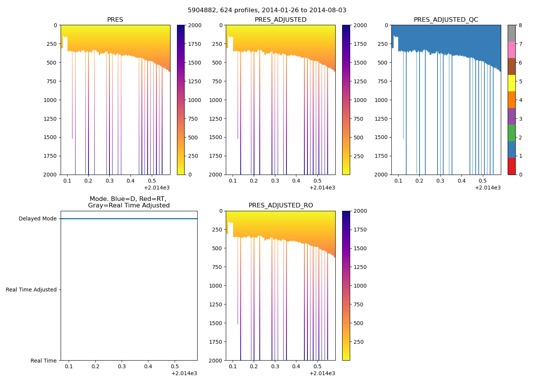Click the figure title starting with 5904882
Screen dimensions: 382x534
pyautogui.click(x=267, y=10)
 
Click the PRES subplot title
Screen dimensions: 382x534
pyautogui.click(x=115, y=20)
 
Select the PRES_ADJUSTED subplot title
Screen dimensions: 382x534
pyautogui.click(x=280, y=20)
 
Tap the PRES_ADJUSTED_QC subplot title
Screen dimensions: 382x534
pyautogui.click(x=446, y=20)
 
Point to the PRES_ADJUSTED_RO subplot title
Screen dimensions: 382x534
pyautogui.click(x=281, y=206)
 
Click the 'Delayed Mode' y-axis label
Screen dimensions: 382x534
pyautogui.click(x=37, y=219)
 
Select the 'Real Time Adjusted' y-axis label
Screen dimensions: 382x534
pyautogui.click(x=31, y=290)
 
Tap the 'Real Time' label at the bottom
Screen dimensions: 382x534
pyautogui.click(x=43, y=361)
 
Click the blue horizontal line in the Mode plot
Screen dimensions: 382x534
pyautogui.click(x=129, y=219)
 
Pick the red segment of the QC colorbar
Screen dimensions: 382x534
pyautogui.click(x=511, y=166)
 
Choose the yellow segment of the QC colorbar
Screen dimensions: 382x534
pyautogui.click(x=511, y=83)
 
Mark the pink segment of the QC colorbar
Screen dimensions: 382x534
pyautogui.click(x=511, y=50)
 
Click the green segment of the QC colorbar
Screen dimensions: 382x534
pyautogui.click(x=511, y=133)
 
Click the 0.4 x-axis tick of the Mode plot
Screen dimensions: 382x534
pyautogui.click(x=148, y=367)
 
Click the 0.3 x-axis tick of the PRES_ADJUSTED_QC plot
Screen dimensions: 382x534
pyautogui.click(x=441, y=181)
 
